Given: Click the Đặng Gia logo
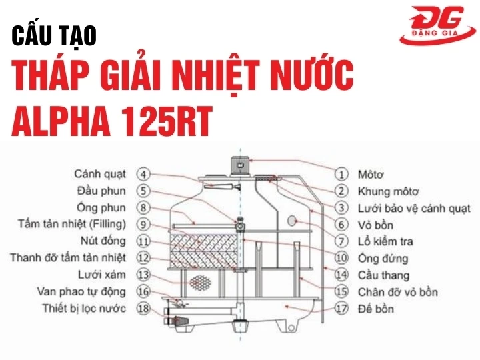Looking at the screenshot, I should (x=436, y=25).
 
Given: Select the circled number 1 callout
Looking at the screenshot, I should (x=341, y=175).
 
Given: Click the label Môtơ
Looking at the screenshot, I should (x=371, y=175).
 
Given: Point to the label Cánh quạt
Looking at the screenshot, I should (x=100, y=174).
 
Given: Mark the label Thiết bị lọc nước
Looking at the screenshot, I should (x=84, y=308).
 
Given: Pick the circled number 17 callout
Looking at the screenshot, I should (x=341, y=309).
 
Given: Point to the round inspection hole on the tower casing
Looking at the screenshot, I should (x=291, y=221).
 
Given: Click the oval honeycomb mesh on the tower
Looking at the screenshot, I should (x=199, y=282).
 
